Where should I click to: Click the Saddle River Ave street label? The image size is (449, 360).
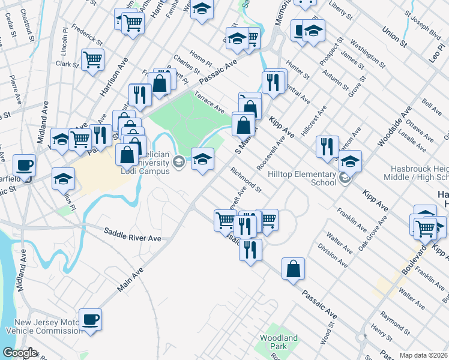coord(133,235)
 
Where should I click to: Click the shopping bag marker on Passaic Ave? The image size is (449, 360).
coord(293,269)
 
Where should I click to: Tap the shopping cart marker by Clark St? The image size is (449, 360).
coord(92,59)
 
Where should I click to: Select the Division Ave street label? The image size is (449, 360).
coord(333,254)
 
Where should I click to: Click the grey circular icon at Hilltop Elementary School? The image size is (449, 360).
coord(344,178)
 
